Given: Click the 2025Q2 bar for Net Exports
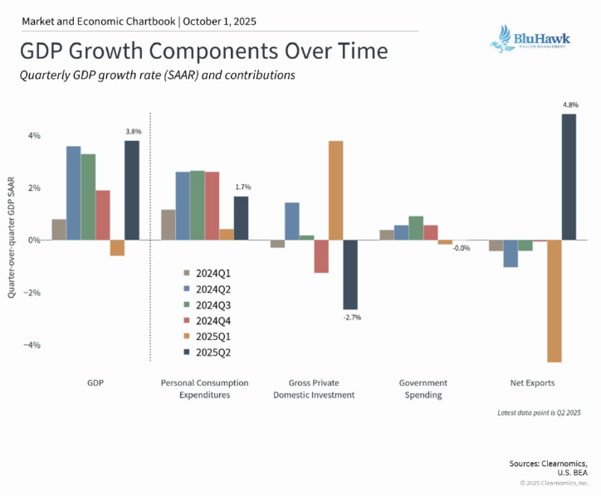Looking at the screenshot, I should (x=569, y=177).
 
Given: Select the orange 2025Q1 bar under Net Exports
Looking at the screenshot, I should (x=554, y=300).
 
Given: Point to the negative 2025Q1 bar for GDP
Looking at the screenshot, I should (x=117, y=247).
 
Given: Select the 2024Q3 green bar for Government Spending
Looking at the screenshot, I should (x=416, y=227).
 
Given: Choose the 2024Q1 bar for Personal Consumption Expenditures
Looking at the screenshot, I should (x=168, y=224).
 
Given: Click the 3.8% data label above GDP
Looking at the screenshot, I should (x=133, y=131).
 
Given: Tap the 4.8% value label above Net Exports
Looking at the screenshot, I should (x=569, y=105).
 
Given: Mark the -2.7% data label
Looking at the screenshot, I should (x=351, y=317).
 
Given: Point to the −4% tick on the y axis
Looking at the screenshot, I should (x=34, y=345).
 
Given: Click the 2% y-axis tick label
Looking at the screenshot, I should (x=35, y=187).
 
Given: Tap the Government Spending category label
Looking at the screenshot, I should (x=423, y=388).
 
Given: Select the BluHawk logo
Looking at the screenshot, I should (x=528, y=40).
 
